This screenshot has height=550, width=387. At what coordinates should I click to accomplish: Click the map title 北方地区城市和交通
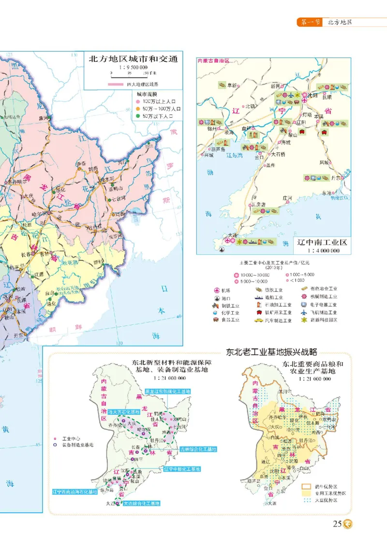tap(133, 59)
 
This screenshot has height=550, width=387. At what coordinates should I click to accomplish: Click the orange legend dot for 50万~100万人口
tap(138, 110)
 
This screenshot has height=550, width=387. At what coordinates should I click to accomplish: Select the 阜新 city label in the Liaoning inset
tap(233, 86)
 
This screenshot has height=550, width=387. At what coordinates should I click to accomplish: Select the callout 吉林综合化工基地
tap(198, 449)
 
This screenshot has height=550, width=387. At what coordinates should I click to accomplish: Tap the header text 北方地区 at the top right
tap(340, 22)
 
